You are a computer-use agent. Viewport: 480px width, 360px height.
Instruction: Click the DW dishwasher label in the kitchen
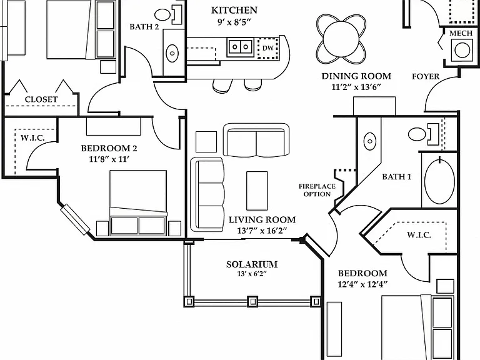coord(268,48)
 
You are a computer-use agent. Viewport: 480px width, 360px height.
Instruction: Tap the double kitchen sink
coord(240,47)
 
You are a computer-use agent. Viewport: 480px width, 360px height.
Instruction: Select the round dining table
coord(341,39)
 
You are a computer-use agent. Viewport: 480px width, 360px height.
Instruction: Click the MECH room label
coord(461,33)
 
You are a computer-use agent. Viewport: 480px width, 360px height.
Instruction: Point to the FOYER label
coord(426,76)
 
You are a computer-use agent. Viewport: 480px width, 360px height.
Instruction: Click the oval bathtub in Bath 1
coord(440,181)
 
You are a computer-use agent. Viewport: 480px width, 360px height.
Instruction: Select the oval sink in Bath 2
coord(172,53)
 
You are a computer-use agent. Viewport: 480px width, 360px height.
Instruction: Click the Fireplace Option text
coord(317,190)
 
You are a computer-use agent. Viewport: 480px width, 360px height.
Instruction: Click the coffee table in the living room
coord(257,191)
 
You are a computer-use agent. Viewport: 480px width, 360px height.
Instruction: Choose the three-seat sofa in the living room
coord(207,194)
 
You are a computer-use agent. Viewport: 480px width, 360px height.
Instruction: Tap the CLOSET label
coord(41,99)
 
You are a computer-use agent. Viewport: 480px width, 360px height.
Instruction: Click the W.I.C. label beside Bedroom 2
coord(32,137)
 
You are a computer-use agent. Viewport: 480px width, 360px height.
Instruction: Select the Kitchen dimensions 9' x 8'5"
coord(234,22)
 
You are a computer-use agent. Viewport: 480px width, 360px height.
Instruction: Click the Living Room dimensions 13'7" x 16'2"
coord(262,231)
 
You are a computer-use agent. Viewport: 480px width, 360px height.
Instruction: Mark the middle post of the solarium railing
coord(252,301)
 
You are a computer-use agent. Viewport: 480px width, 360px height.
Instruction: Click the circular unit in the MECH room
coord(462,50)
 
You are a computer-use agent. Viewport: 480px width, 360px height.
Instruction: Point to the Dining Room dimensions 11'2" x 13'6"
coord(356,87)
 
